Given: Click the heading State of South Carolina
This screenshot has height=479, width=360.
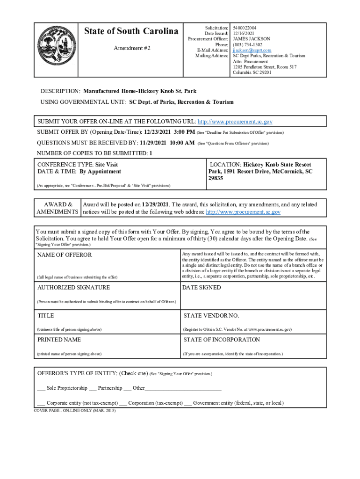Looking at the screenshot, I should (131, 31).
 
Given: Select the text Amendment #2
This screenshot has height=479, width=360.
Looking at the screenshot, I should (132, 48).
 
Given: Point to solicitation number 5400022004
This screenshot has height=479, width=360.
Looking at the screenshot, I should (245, 28).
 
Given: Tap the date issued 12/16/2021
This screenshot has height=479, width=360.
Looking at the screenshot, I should (244, 34).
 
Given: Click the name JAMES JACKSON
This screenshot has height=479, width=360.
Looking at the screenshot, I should (251, 39).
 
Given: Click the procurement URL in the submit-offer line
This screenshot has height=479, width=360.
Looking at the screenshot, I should (235, 122).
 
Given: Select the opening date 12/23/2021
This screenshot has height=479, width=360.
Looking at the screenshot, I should (158, 132).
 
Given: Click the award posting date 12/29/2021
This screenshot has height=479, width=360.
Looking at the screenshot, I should (155, 204).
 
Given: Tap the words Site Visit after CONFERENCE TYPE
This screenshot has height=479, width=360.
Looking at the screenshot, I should (107, 165).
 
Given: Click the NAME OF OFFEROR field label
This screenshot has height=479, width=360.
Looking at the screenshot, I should (65, 255).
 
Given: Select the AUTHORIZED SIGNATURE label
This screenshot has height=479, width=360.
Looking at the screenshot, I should (73, 288).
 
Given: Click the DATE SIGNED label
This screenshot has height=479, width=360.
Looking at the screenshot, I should (201, 288).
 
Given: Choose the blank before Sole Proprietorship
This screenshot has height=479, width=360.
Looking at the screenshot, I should (41, 389).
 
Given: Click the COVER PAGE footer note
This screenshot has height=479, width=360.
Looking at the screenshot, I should (74, 410).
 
